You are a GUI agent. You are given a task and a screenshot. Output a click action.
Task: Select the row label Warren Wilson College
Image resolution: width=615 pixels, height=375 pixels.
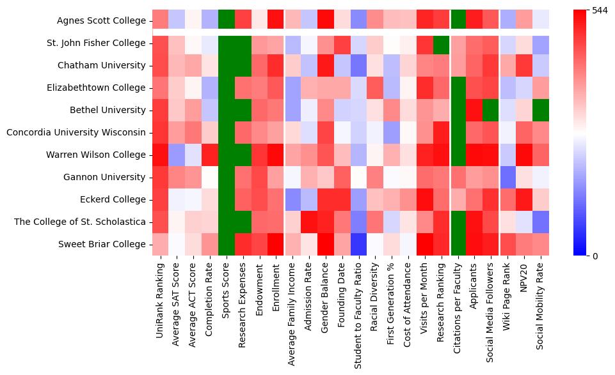[x=97, y=155]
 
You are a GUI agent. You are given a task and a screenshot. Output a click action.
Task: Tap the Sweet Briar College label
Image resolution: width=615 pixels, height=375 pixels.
[x=103, y=244]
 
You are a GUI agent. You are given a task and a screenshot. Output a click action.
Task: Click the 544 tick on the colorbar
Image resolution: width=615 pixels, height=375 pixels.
[x=600, y=11]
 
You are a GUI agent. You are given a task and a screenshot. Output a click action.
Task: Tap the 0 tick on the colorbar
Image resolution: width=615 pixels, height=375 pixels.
[x=595, y=256]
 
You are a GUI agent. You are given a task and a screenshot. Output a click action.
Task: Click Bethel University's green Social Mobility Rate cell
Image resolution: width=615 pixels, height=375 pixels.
[x=541, y=110]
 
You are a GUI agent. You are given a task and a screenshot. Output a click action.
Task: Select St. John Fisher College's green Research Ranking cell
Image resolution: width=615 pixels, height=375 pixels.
[x=442, y=43]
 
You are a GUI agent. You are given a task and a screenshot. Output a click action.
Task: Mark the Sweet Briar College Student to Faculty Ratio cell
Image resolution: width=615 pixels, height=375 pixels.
[x=359, y=244]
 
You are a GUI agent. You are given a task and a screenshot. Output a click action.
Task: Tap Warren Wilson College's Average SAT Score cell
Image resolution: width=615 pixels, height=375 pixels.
[x=177, y=155]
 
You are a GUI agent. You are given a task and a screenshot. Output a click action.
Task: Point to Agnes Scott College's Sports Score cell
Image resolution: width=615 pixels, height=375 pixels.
[x=227, y=20]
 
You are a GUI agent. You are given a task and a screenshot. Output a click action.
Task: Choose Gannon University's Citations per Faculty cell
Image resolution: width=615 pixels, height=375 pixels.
[x=458, y=177]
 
